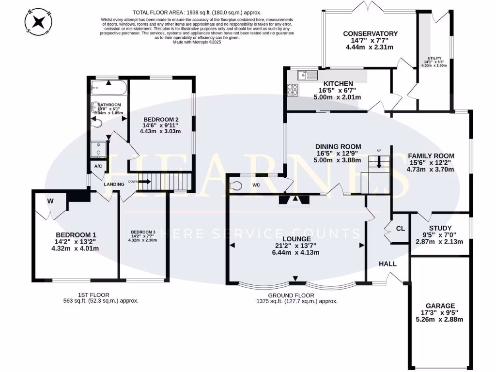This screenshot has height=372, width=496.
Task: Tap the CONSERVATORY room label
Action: click(x=370, y=33)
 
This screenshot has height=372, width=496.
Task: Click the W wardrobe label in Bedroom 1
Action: click(x=50, y=201)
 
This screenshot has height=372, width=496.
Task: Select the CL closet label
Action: click(x=400, y=228)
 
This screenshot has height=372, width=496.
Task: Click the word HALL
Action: click(x=387, y=264)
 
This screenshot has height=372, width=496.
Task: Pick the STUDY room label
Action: click(x=440, y=228)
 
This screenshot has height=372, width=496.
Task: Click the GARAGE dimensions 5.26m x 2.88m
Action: click(x=440, y=319)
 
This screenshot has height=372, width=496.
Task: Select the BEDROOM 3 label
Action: click(x=143, y=232)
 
